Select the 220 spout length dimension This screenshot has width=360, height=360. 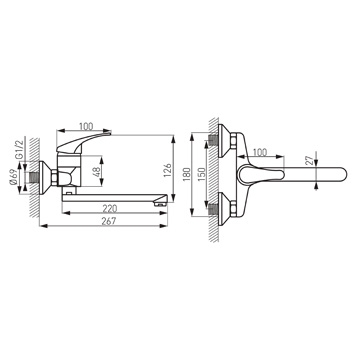110,209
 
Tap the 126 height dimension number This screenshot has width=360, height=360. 168,170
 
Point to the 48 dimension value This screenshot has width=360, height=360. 98,172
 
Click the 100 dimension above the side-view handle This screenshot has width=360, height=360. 86,127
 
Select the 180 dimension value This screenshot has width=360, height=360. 187,174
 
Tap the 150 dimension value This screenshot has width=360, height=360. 201,174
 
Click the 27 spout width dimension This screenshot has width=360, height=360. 310,160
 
